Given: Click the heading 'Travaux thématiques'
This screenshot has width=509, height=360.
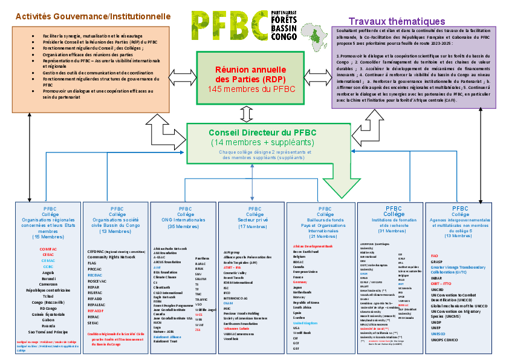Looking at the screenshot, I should [x=397, y=22].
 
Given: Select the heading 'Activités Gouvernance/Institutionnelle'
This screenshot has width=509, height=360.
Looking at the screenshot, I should [x=92, y=16].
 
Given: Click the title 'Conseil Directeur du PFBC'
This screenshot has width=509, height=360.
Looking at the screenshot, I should [x=262, y=133].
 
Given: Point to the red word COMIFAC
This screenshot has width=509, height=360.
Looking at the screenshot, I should [x=48, y=249].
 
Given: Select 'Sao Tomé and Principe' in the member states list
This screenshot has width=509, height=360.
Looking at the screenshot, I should [x=48, y=331].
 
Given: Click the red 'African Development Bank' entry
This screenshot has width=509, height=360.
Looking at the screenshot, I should [x=313, y=246].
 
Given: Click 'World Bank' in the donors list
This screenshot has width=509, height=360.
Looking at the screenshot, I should [x=302, y=333].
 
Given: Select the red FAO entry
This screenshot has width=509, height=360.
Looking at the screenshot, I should [x=434, y=255].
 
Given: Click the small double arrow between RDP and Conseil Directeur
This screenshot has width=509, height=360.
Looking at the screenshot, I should [x=245, y=114].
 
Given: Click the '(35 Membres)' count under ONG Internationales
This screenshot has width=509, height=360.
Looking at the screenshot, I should [x=185, y=226].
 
